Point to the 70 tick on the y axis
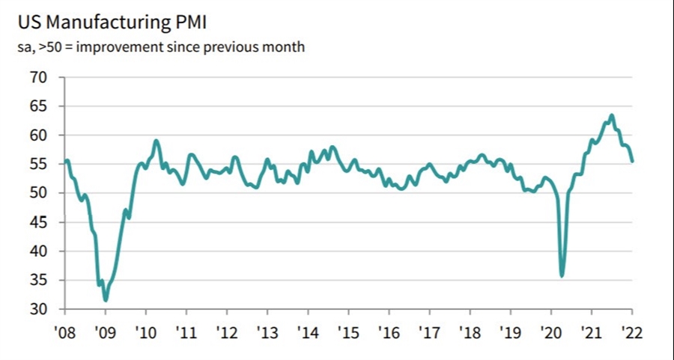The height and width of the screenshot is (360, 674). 38,77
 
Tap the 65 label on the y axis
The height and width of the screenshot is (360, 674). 38,106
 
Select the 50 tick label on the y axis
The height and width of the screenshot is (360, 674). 38,193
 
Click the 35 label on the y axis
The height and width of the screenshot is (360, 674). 38,281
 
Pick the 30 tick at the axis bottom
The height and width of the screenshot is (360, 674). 38,309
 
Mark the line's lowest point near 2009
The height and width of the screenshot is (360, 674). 106,300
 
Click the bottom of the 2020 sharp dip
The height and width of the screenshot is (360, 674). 562,276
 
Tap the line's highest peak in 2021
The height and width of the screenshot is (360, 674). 612,115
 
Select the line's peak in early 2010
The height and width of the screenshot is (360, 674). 156,140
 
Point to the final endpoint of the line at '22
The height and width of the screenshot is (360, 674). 632,161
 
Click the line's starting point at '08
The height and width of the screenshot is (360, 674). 67,160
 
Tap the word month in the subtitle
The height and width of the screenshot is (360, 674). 286,48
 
